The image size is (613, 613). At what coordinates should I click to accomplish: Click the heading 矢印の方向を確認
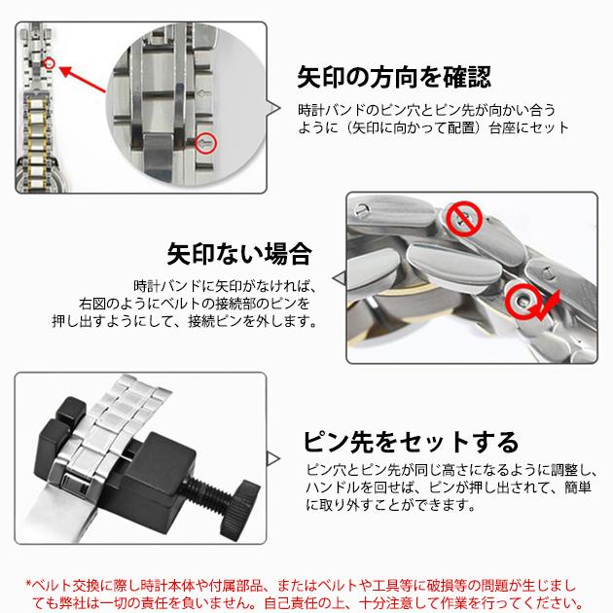(x=394, y=77)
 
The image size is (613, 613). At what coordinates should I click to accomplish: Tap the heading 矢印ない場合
(x=239, y=254)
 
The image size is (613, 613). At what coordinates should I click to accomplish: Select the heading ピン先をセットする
(x=411, y=442)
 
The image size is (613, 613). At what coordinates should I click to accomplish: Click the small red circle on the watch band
(x=50, y=63)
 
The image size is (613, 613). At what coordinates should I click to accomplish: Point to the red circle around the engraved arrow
(x=206, y=143)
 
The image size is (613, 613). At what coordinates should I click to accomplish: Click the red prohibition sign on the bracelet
(x=464, y=219)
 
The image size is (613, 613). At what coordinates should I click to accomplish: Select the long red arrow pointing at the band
(x=83, y=80)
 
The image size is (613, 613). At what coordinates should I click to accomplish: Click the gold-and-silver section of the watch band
(x=38, y=132)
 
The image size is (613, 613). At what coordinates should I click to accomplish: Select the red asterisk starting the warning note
(x=28, y=584)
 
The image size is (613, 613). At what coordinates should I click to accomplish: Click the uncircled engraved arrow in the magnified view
(x=204, y=93)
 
